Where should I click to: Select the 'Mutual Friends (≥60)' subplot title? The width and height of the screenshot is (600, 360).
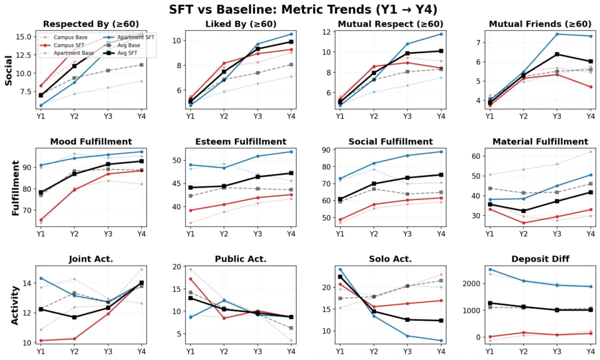click(x=540, y=24)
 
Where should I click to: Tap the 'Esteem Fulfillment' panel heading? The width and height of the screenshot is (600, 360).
click(x=240, y=141)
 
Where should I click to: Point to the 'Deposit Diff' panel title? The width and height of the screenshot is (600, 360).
click(x=540, y=259)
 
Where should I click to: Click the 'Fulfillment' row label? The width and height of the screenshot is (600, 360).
click(x=15, y=188)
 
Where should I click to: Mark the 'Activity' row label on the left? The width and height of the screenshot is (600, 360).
click(x=15, y=305)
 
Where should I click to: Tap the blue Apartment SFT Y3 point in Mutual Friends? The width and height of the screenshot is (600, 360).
click(x=557, y=34)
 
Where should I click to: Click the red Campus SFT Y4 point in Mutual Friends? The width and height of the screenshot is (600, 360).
click(x=590, y=87)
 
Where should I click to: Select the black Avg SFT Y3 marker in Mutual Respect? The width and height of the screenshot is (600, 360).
click(x=407, y=53)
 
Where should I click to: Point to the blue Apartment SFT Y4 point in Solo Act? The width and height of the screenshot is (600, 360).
click(x=441, y=340)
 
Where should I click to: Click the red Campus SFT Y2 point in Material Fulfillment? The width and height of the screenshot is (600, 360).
click(x=523, y=223)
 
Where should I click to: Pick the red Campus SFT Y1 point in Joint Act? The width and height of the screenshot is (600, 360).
click(x=41, y=340)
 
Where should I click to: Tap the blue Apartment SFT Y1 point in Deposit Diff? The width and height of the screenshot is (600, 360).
click(x=490, y=269)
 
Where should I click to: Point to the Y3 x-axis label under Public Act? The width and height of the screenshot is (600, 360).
click(x=257, y=351)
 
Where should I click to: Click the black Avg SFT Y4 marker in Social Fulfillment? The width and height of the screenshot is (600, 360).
click(x=441, y=174)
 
